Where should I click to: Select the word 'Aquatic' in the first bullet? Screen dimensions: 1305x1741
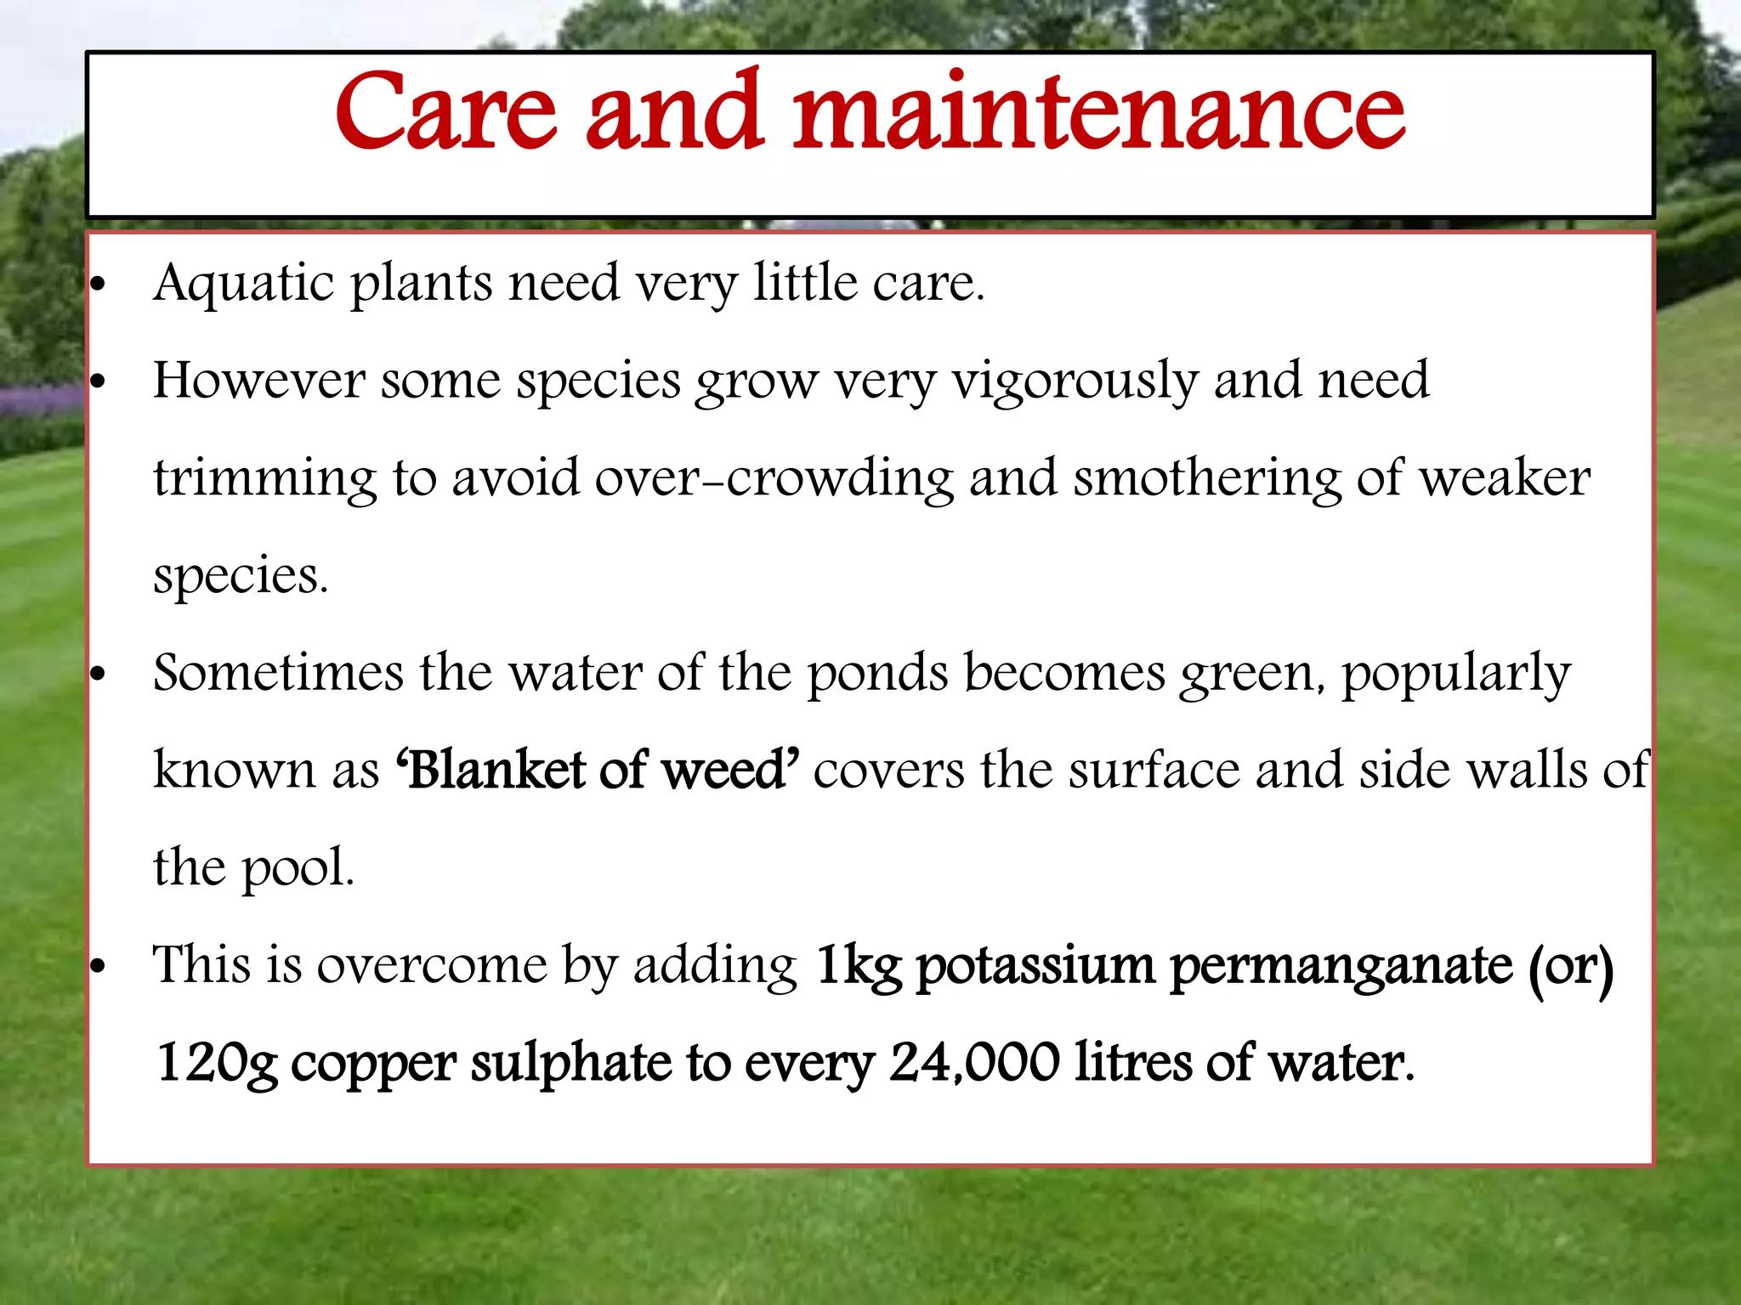244,283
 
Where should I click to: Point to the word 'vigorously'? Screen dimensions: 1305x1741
1075,381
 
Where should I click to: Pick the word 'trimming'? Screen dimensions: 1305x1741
264,479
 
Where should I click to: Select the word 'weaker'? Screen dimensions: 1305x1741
1505,478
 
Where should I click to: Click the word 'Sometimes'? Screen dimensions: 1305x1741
278,673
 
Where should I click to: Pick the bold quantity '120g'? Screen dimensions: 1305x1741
217,1065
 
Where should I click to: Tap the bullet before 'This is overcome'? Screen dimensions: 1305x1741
99,967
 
